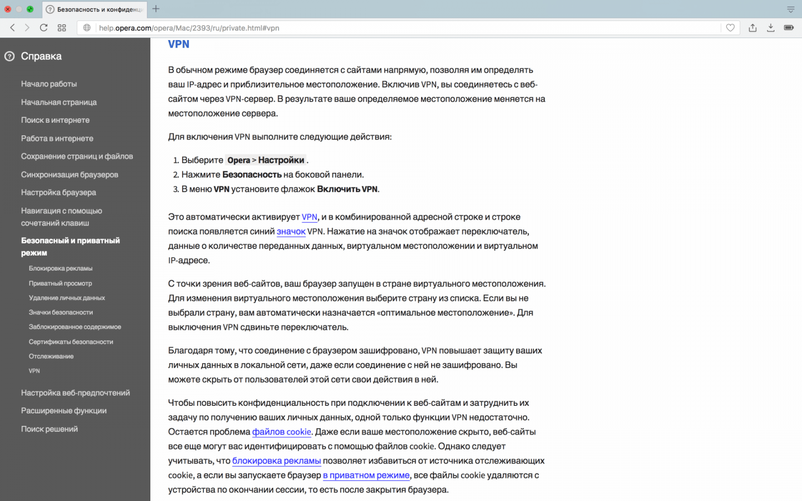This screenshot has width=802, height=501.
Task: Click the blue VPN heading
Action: (x=178, y=44)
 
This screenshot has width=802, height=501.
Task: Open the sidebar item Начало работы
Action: (x=49, y=84)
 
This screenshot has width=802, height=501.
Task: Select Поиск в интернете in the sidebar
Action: (x=55, y=120)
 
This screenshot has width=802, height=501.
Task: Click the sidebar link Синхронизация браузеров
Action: (x=70, y=174)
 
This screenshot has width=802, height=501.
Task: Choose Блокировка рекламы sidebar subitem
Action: (x=61, y=269)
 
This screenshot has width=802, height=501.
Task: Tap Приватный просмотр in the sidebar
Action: (x=60, y=283)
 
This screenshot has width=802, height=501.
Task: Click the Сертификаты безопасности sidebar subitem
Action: (x=71, y=342)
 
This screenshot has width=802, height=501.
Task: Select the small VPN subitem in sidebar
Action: (x=34, y=371)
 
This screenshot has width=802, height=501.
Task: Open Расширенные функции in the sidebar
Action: (x=64, y=411)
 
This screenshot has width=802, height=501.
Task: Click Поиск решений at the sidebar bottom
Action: (x=49, y=429)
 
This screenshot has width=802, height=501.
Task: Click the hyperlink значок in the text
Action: (x=291, y=231)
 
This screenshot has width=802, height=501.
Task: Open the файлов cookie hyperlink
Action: (x=282, y=432)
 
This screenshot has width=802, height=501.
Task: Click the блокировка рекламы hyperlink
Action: (x=276, y=461)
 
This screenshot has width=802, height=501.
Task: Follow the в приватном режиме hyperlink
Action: (x=366, y=475)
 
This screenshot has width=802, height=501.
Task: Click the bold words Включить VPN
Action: (x=347, y=189)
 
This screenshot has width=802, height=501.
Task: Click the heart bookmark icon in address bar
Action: (x=730, y=28)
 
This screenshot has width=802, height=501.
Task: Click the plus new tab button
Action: (x=156, y=9)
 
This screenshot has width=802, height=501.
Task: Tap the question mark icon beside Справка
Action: (x=10, y=57)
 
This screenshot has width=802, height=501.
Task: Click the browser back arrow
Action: (x=13, y=28)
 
